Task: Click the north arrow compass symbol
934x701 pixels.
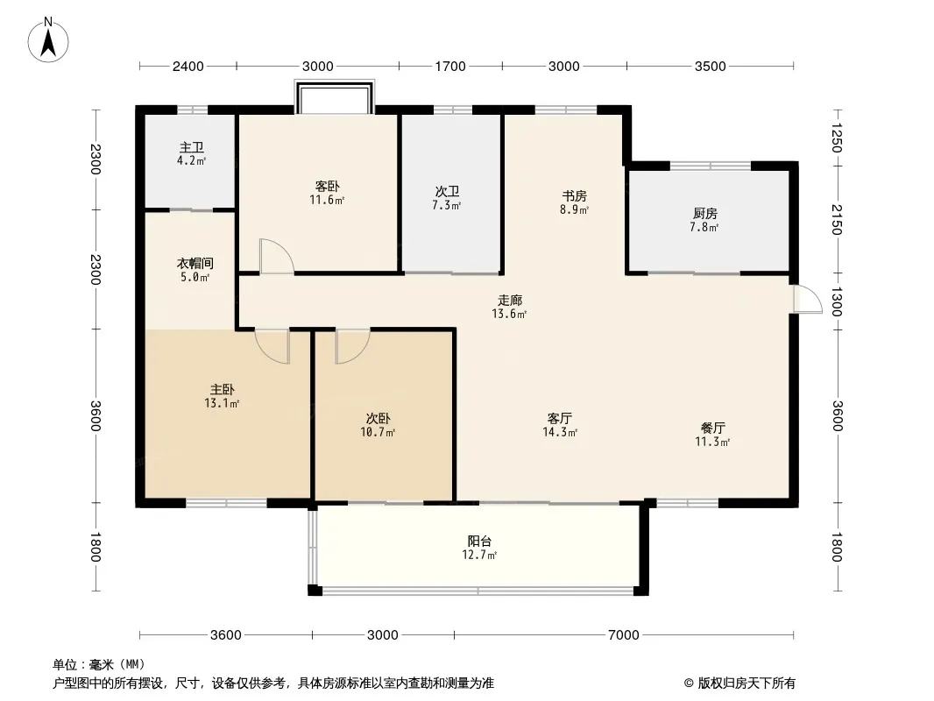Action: coord(48,40)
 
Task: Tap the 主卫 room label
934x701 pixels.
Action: coord(192,147)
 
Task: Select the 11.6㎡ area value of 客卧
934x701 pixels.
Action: coord(327,200)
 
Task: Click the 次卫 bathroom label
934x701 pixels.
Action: coord(447,192)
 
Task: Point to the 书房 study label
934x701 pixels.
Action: coord(574,196)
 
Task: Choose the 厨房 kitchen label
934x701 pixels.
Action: coord(704,213)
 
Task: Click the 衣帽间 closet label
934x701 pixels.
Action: coord(195,263)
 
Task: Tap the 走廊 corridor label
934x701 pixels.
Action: coord(510,301)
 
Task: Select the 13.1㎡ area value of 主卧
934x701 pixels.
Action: coord(222,404)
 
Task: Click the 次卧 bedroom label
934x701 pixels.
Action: coord(379,419)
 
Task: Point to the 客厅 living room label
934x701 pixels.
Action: coord(560,419)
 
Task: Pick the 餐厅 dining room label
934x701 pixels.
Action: coord(712,428)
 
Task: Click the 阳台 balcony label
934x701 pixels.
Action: coord(479,542)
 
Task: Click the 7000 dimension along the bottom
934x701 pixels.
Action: coord(624,635)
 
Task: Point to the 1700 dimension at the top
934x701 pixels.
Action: coord(450,66)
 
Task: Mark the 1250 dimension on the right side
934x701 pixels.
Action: coord(837,138)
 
